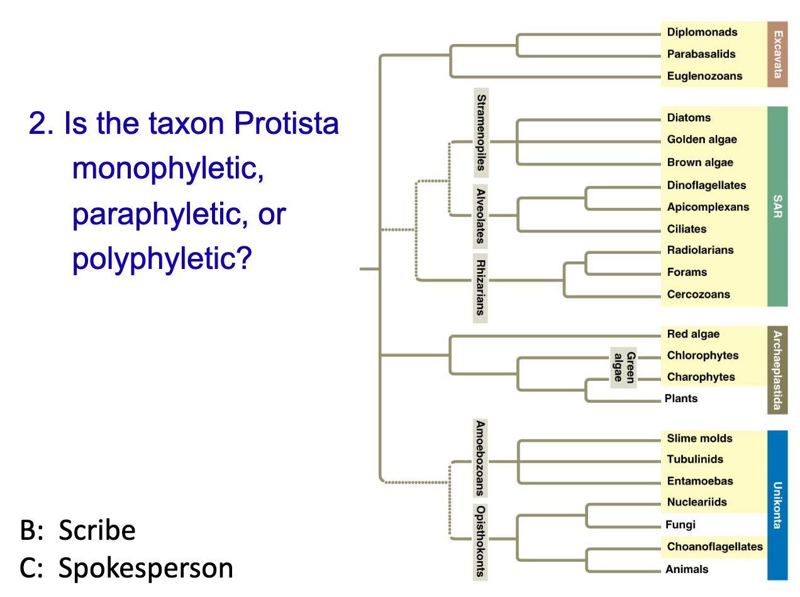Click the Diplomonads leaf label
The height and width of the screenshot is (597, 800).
coord(702,32)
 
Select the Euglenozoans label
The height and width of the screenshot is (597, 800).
coord(704,76)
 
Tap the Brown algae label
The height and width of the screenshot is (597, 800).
coord(700,162)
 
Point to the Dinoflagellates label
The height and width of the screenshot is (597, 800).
coord(706,185)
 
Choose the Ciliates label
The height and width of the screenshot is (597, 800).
coord(687,229)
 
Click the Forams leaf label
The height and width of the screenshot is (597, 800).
coord(687,272)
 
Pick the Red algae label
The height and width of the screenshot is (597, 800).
coord(693,334)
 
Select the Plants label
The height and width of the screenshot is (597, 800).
coord(681,398)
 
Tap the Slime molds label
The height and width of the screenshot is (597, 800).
coord(699,438)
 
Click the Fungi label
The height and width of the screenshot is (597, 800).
coord(681,525)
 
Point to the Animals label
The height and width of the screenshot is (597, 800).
coord(687,569)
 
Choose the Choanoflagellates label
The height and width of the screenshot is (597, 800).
coord(714,547)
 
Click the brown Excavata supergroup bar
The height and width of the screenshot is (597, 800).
coord(777,54)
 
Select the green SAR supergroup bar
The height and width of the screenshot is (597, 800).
coord(777,206)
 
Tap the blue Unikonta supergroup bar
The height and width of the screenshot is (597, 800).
coord(777,505)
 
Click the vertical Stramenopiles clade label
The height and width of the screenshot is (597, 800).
coord(481,133)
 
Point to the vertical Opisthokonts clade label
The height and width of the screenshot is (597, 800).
coord(481,541)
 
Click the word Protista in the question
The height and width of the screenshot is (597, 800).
coord(286,124)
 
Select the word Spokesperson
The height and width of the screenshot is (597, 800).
coord(146,568)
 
